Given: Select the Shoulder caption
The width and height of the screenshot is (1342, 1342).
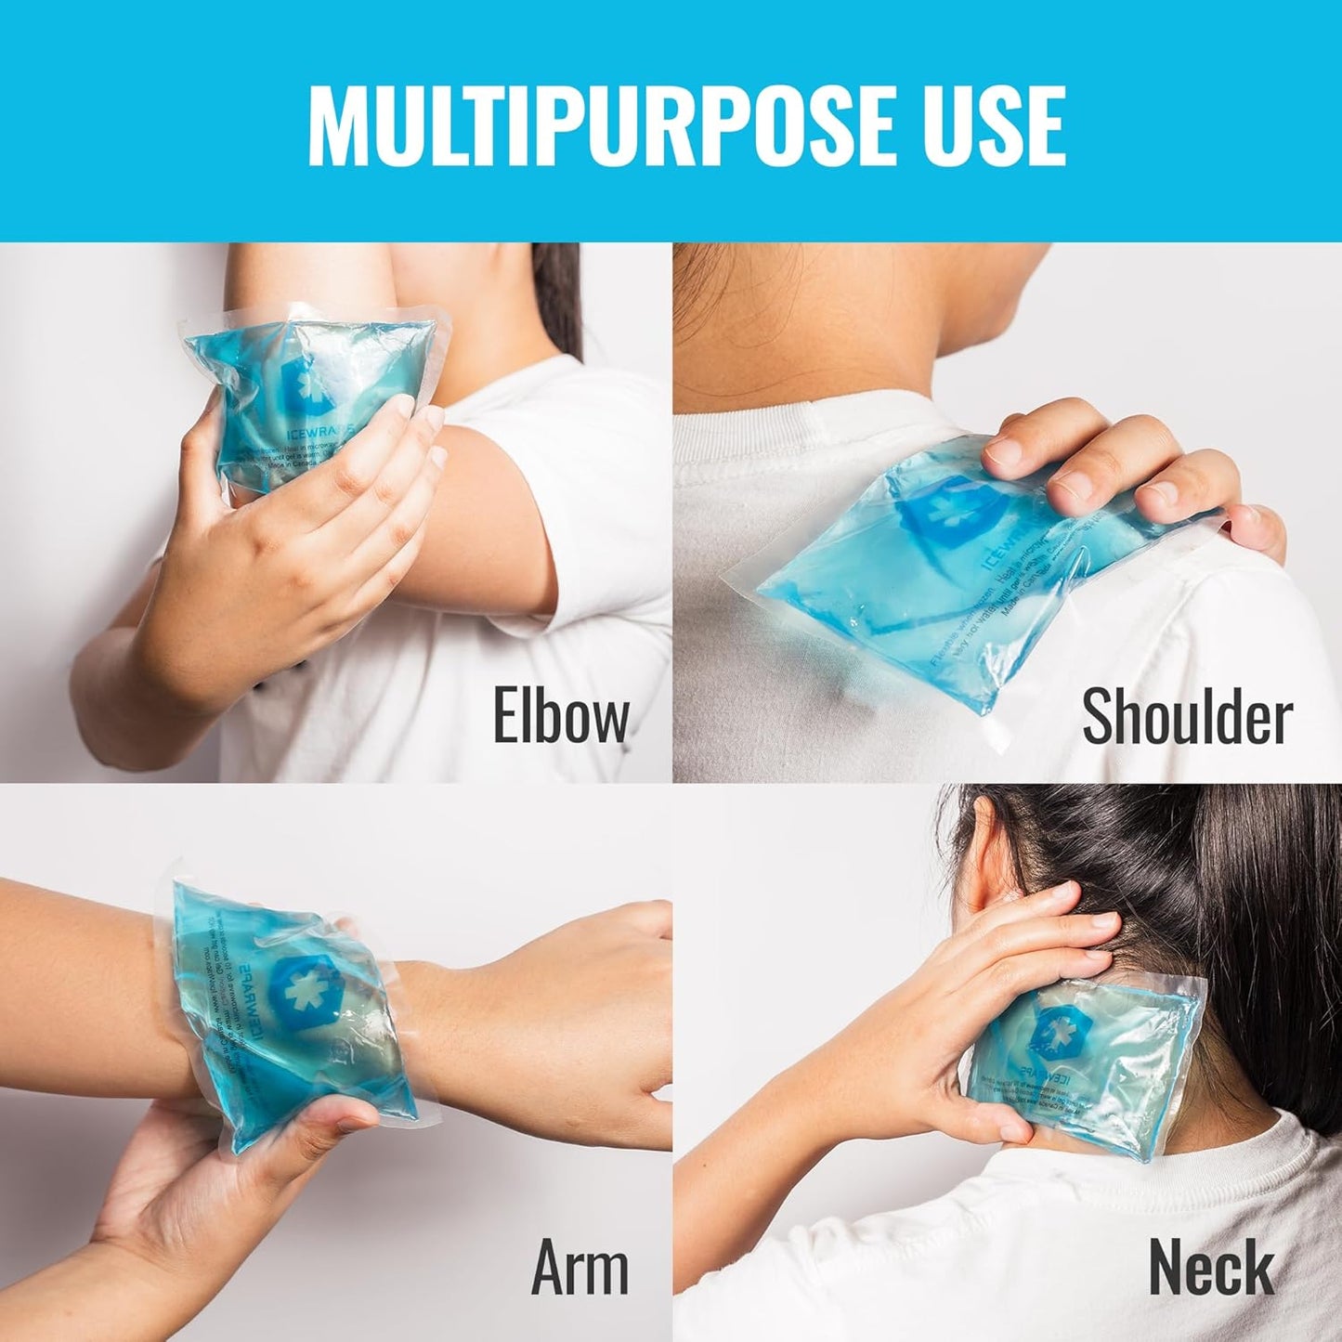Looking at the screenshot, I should (x=1187, y=717).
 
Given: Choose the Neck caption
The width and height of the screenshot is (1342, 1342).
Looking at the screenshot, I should (x=1211, y=1268).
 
